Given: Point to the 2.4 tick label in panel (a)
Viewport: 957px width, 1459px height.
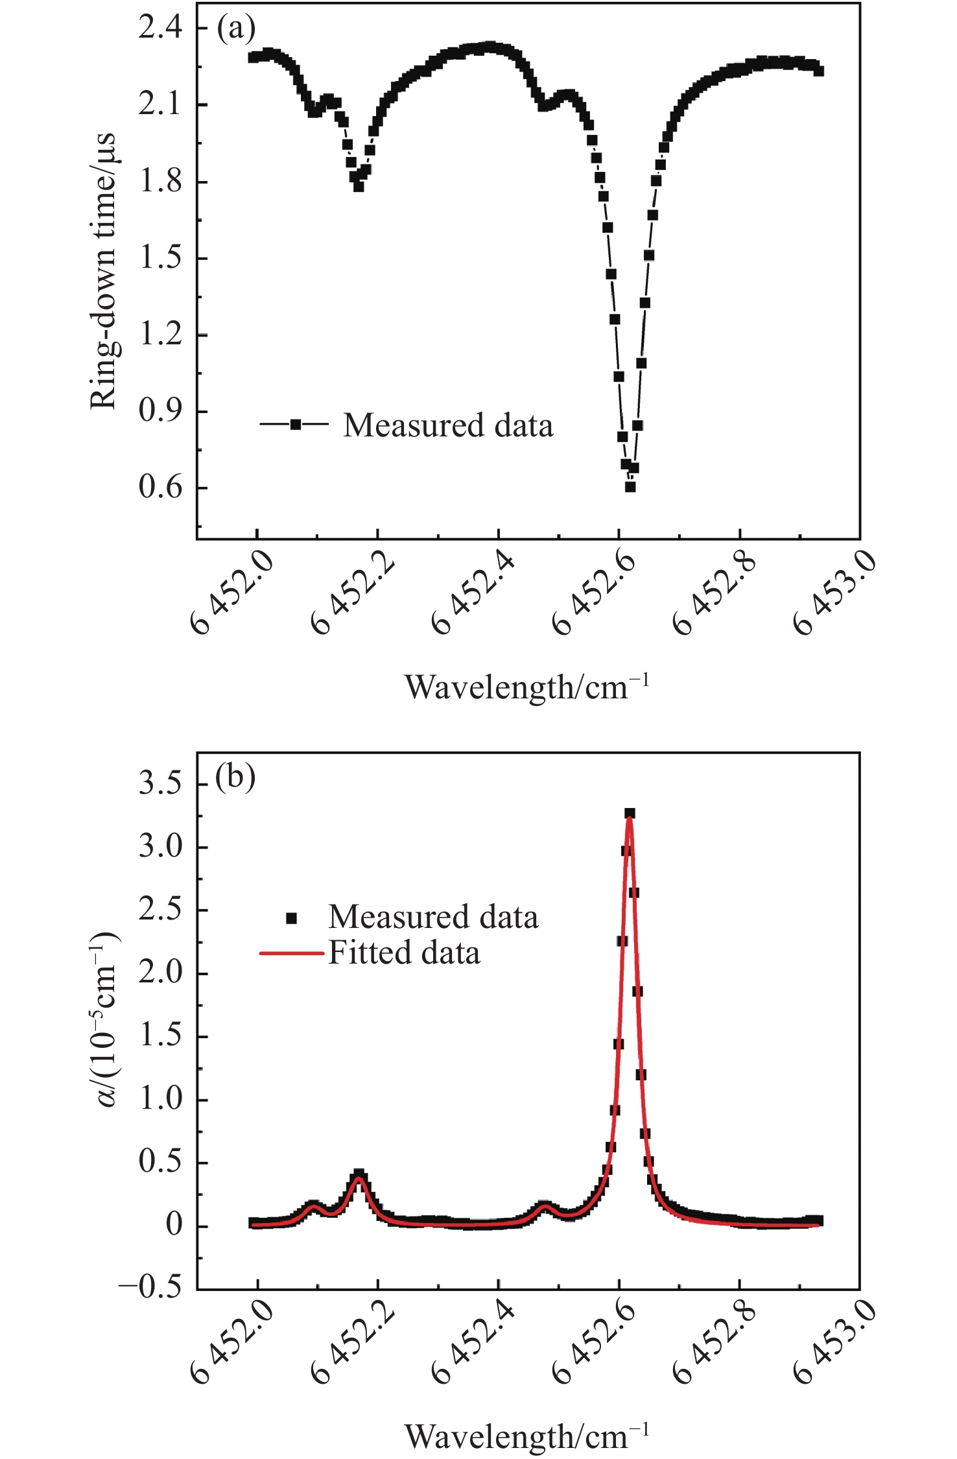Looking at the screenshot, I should (161, 29).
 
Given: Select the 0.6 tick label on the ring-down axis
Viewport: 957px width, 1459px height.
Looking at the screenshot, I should (161, 487).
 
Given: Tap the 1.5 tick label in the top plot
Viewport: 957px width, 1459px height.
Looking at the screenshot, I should (161, 258).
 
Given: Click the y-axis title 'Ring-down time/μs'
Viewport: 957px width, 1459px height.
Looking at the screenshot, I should (103, 271).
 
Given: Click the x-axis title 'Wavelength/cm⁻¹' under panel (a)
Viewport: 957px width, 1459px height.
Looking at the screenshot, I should (526, 687).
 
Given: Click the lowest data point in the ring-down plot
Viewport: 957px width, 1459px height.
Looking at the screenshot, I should (630, 487).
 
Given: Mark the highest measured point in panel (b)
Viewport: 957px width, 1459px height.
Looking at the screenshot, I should (630, 813).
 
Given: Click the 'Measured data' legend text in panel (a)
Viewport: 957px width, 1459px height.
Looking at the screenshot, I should (448, 425).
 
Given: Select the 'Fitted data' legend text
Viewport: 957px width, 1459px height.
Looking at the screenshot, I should (404, 953).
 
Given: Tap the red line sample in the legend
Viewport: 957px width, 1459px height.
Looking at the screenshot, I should (291, 953).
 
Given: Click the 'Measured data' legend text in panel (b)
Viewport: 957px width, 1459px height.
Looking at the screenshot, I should (433, 917).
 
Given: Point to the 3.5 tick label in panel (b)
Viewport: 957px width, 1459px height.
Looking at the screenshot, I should (161, 784).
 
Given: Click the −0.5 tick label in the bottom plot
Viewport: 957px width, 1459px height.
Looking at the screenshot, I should (151, 1287).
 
